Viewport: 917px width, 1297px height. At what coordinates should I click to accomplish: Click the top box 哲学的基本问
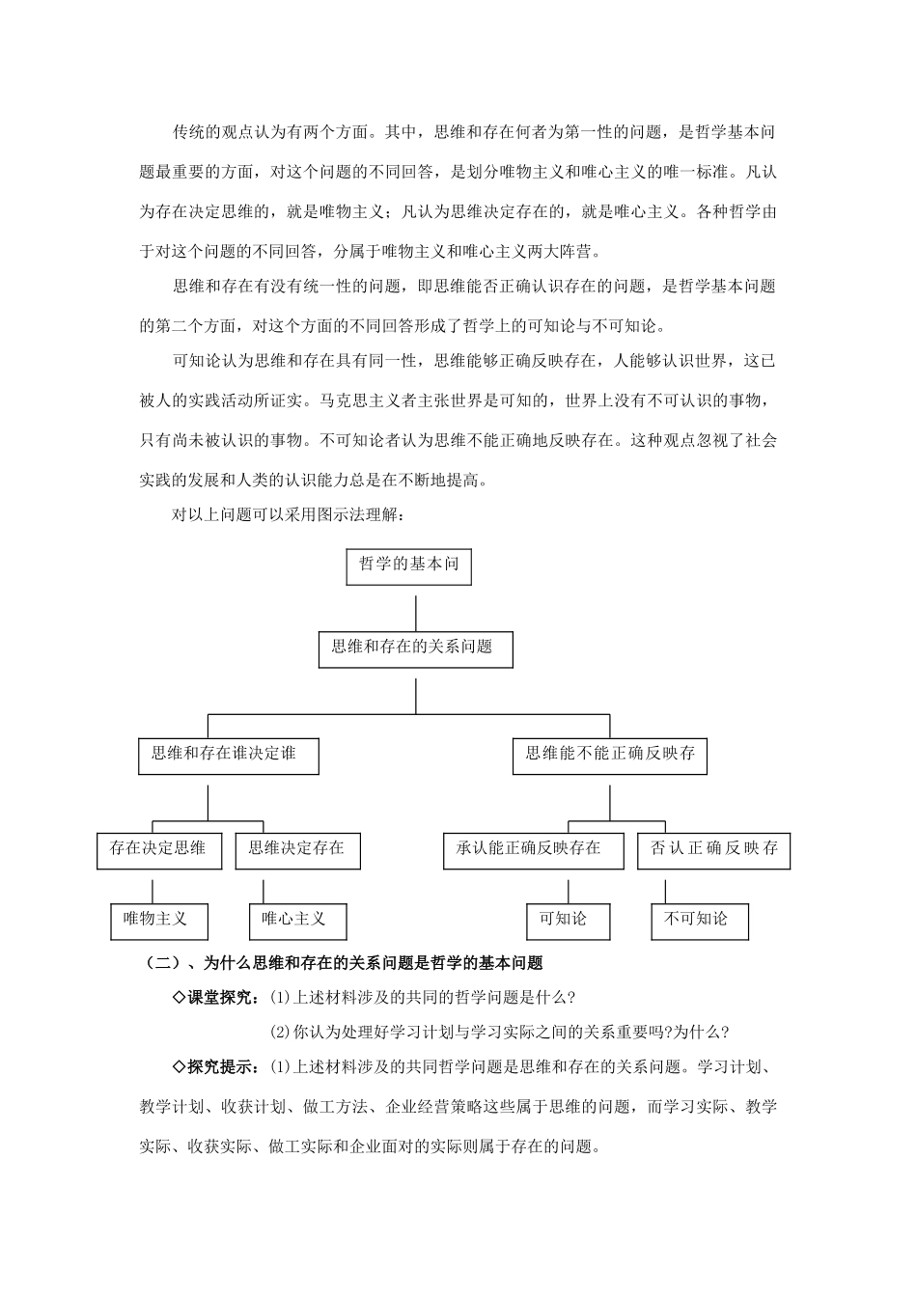coord(409,566)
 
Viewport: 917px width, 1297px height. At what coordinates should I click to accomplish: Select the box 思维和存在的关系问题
coord(415,648)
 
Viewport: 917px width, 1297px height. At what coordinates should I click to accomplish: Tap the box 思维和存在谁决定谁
coord(229,755)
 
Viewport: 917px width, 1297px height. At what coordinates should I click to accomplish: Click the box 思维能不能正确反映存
coord(610,755)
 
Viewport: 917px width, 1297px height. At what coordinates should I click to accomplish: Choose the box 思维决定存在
coord(297,850)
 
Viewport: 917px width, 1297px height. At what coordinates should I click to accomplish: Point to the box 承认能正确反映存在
coord(533,850)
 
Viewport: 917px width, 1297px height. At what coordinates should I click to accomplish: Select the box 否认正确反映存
coord(714,850)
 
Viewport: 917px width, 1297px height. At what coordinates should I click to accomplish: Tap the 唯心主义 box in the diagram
coord(297,921)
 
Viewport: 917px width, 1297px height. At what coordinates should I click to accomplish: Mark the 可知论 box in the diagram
coord(569,921)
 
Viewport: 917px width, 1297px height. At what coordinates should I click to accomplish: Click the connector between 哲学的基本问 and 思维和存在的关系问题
coord(415,613)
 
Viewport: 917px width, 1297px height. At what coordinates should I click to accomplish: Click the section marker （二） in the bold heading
coord(160,962)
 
